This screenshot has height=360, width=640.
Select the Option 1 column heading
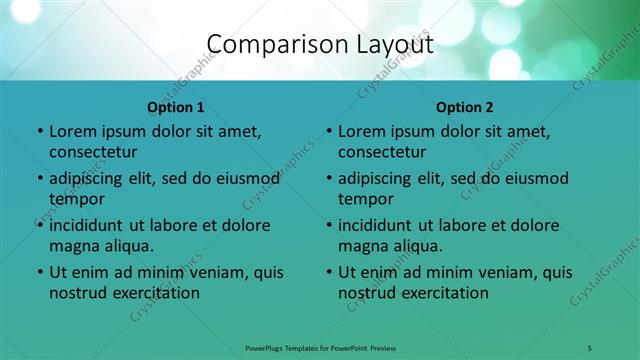[175, 106]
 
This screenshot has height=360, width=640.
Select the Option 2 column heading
[465, 106]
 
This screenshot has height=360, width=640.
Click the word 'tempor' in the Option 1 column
[75, 199]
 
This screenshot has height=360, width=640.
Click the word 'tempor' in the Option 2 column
[365, 199]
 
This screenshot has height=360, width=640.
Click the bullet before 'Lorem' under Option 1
[39, 132]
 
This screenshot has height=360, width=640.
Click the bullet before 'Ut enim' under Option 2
[329, 272]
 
